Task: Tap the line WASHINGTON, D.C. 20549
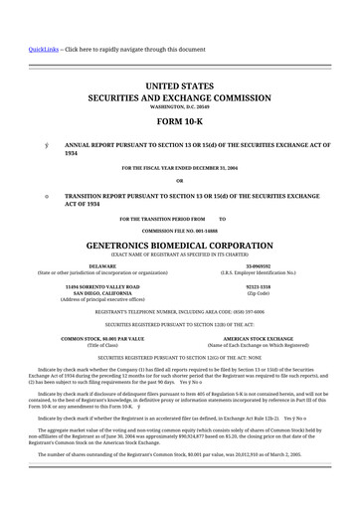(180, 107)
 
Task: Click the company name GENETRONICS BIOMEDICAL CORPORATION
(180, 242)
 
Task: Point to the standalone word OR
(180, 180)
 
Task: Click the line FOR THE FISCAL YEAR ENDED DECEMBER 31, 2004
(180, 167)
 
